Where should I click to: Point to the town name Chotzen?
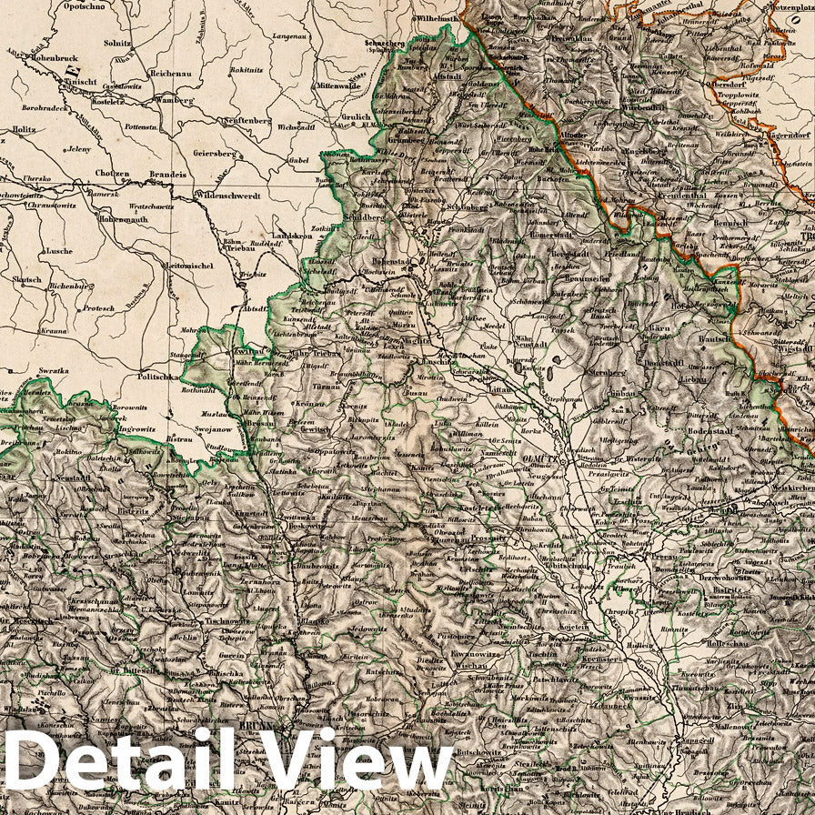tap(111, 174)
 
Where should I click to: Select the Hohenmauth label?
tap(122, 219)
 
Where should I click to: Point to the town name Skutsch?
tap(26, 280)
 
